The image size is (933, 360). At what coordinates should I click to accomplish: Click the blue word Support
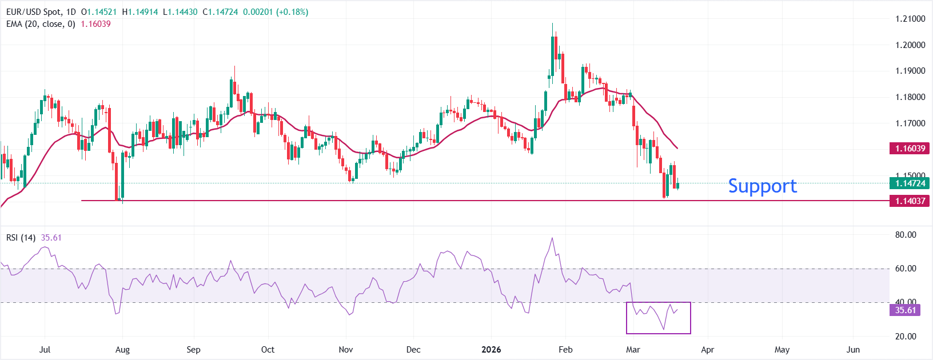click(x=762, y=186)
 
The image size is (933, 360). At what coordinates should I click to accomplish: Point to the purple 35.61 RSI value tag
click(x=906, y=310)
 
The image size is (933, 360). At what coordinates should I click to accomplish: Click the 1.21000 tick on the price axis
click(x=910, y=19)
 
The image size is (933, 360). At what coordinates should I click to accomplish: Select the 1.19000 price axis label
click(x=910, y=71)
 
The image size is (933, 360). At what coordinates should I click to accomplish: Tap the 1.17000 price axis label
click(x=910, y=123)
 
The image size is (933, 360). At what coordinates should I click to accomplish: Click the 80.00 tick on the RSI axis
click(x=906, y=235)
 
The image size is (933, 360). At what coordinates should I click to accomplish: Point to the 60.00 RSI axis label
click(x=906, y=269)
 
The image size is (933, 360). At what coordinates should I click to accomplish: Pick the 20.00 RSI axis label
click(x=906, y=337)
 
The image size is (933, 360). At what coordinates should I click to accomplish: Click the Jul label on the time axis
click(x=45, y=350)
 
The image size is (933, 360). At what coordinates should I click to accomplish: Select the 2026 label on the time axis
click(x=491, y=350)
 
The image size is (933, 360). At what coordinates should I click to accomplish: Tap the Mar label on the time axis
click(x=633, y=350)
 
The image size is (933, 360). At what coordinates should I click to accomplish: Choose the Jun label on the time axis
click(x=853, y=350)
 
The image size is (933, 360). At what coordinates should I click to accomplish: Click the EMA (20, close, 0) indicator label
click(x=41, y=24)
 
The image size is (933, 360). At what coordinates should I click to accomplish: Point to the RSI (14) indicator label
click(x=21, y=238)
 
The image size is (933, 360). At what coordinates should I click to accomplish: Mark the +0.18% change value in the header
click(x=292, y=12)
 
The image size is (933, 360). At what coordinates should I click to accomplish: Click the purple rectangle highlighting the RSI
click(x=659, y=333)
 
